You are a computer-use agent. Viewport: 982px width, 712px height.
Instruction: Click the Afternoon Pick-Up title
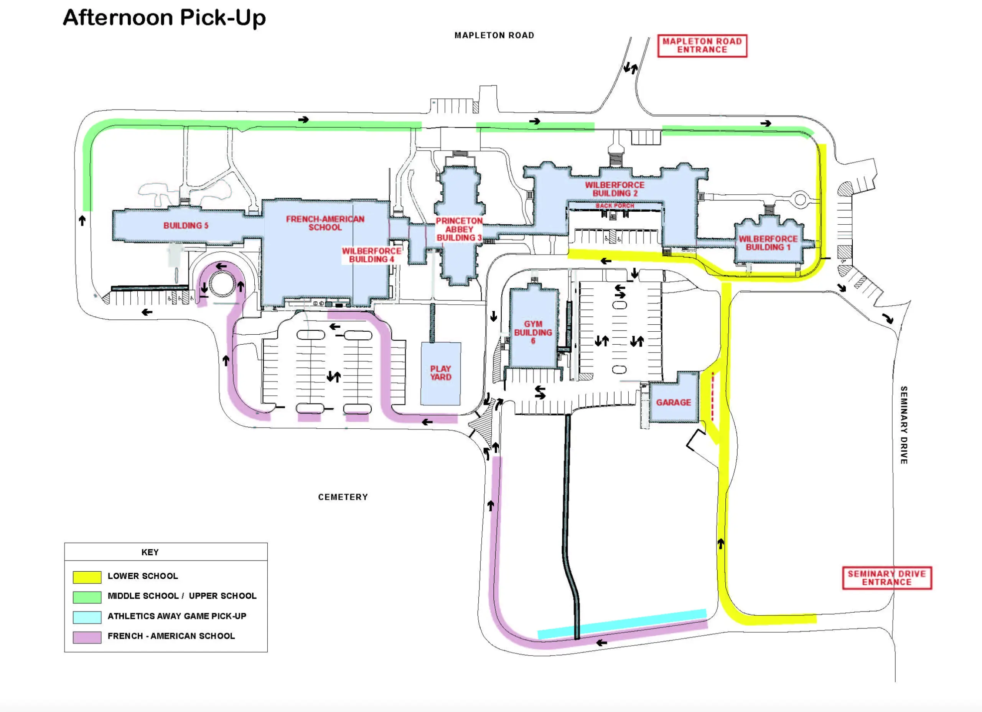coord(164,18)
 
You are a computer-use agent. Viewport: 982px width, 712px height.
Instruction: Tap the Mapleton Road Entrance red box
coord(702,46)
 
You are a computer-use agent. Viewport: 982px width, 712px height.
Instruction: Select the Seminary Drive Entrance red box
coord(887,578)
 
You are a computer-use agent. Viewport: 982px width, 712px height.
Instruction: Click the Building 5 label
coord(186,225)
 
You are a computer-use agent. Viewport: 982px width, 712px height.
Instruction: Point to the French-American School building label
coord(325,223)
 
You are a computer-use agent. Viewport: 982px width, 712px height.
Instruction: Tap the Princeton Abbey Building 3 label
coord(459,229)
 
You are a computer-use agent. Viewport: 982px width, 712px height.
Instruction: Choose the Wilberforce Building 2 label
coord(615,189)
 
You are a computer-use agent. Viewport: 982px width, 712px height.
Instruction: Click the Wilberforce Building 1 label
coord(768,243)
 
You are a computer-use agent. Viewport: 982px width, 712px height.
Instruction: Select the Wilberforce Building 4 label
coord(371,255)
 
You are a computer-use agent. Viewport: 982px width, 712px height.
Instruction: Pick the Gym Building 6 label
coord(533,332)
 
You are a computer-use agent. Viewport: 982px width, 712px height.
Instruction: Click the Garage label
coord(673,403)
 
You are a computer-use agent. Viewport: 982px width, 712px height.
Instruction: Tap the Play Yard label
coord(441,373)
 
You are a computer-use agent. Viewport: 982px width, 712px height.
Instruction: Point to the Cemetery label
coord(343,497)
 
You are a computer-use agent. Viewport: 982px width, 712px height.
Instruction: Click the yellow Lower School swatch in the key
coord(87,577)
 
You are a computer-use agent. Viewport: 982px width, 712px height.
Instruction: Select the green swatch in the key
coord(87,597)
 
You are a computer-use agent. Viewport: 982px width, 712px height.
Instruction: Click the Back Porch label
coord(615,206)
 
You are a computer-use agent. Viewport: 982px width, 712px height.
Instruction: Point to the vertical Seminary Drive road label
coord(904,425)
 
